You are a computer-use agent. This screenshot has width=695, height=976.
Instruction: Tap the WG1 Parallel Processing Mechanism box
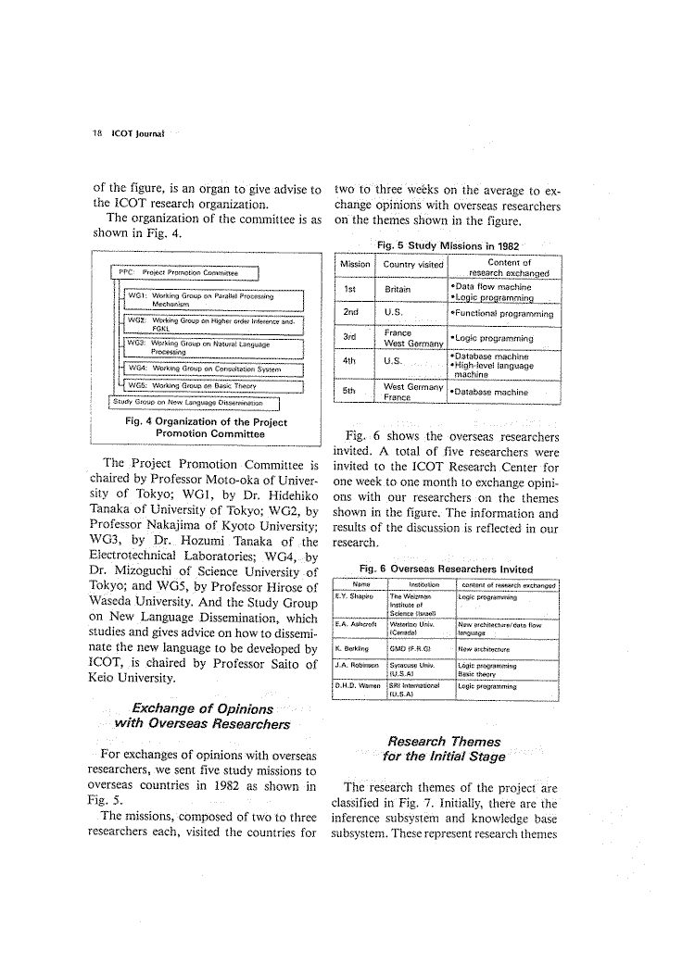click(x=213, y=298)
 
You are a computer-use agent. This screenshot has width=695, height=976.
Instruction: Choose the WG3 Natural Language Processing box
click(x=213, y=347)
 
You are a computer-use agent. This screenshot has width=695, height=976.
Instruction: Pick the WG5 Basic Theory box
click(x=213, y=386)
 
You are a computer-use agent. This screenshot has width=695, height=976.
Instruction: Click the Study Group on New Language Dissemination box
click(x=195, y=402)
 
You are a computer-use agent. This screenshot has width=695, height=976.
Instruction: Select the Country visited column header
click(x=412, y=265)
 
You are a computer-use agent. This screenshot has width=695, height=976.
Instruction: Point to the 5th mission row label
click(x=351, y=392)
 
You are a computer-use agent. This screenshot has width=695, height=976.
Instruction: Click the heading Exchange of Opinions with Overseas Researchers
click(x=203, y=716)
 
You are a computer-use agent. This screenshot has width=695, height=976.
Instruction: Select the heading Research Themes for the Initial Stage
click(x=446, y=748)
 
